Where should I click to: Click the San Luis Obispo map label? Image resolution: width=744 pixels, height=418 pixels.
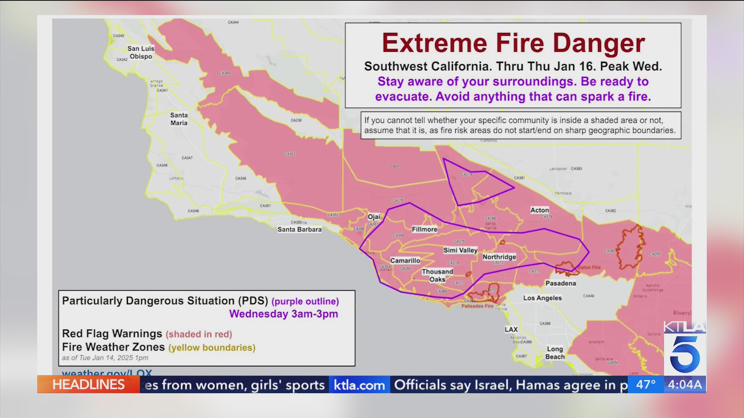tap(141, 52)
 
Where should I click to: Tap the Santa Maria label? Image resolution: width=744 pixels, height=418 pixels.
tap(179, 119)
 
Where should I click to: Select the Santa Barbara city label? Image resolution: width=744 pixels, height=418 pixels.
tap(299, 230)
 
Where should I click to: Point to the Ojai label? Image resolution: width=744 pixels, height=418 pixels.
tap(374, 217)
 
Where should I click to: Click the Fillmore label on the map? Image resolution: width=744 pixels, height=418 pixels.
tap(424, 229)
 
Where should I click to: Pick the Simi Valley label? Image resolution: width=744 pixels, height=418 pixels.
tap(460, 250)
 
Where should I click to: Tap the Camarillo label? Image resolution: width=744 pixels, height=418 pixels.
tap(405, 260)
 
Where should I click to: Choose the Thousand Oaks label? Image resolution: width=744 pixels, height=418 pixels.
tap(437, 276)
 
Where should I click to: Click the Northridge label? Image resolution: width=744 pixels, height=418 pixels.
tap(499, 257)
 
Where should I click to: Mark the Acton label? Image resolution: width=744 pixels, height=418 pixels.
tap(539, 210)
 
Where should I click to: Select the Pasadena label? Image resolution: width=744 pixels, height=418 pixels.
tap(560, 283)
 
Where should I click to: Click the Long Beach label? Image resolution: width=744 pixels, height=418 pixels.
tap(555, 353)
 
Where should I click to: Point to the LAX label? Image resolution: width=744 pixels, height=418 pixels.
tap(511, 329)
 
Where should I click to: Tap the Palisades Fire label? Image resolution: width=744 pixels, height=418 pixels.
tap(477, 306)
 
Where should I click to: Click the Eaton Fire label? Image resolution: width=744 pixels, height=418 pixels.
tap(589, 267)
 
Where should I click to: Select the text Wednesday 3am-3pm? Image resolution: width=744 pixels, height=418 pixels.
tap(283, 314)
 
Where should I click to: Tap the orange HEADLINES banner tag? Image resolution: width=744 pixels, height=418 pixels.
tap(88, 385)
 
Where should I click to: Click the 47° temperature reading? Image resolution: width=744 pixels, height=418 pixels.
tap(646, 385)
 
